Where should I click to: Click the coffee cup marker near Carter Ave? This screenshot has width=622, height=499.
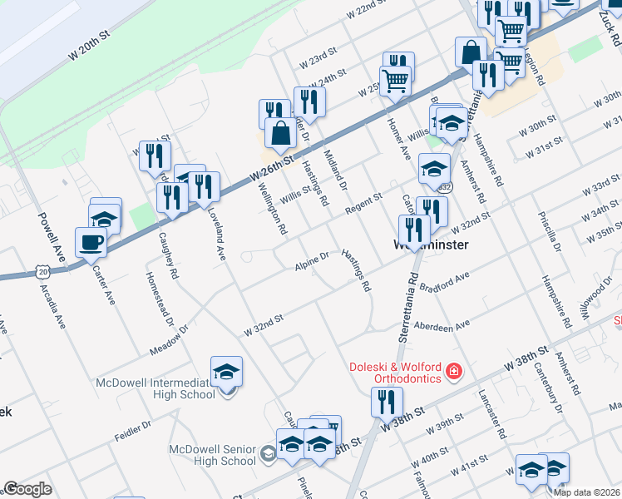(91, 243)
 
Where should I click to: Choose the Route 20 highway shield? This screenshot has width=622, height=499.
(42, 272)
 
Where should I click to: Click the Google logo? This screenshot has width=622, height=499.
(27, 489)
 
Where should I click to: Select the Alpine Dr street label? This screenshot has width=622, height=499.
(312, 261)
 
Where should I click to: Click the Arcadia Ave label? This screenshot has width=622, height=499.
(49, 307)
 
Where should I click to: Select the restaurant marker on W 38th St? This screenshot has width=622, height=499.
(387, 402)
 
